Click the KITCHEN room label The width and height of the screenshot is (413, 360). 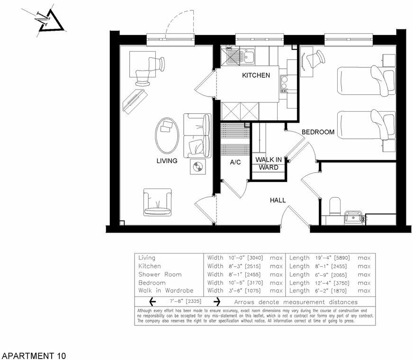pyautogui.click(x=256, y=75)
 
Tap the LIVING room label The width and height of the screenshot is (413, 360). pyautogui.click(x=167, y=161)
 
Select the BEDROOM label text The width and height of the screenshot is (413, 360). pyautogui.click(x=318, y=132)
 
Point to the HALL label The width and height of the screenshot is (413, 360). pyautogui.click(x=278, y=200)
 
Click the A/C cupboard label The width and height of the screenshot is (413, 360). pyautogui.click(x=235, y=162)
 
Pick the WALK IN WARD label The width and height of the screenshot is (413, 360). pyautogui.click(x=269, y=163)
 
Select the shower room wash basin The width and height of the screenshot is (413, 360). pyautogui.click(x=353, y=218)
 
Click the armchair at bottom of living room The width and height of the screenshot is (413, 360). pyautogui.click(x=158, y=201)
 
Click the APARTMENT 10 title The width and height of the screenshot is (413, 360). pyautogui.click(x=34, y=355)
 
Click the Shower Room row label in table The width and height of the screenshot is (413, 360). pyautogui.click(x=160, y=274)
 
